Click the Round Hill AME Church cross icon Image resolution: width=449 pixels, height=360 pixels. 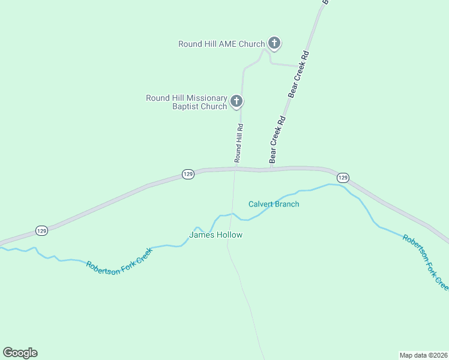point(274,43)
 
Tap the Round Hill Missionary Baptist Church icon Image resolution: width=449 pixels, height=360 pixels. point(237,101)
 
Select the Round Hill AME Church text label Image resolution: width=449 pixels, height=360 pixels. point(221,44)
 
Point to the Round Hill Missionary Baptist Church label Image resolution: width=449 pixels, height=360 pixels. point(187,103)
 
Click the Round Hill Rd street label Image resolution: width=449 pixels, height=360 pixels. point(239,143)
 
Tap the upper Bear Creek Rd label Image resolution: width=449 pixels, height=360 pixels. point(298,73)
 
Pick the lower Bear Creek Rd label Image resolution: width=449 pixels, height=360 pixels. point(277,139)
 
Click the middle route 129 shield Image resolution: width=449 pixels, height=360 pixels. point(188,174)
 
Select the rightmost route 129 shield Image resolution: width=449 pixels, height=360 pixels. point(342,178)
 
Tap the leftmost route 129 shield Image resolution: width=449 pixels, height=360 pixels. point(41,230)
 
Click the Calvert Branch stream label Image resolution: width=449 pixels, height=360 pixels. point(274,204)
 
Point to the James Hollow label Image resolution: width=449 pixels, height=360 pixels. point(216,235)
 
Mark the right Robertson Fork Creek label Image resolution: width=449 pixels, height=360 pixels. point(426,260)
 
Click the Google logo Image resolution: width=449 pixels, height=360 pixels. point(20,353)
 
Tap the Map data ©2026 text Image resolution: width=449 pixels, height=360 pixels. point(423,355)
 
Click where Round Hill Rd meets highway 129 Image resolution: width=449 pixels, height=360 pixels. point(235,169)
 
